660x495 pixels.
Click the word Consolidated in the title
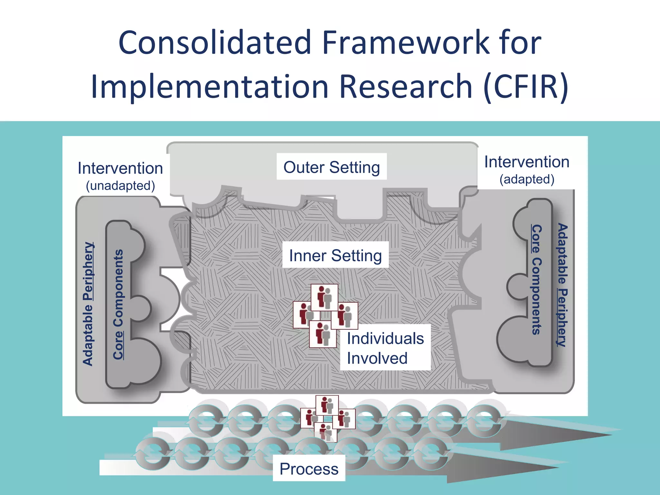215,43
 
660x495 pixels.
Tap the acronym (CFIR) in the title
526,86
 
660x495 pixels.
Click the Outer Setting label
332,167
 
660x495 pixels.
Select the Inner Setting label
335,255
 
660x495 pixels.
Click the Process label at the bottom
309,469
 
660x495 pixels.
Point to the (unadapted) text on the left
121,186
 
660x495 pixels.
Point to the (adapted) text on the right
527,179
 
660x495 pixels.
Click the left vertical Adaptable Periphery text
88,304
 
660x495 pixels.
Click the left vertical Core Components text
118,304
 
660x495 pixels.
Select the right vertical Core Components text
536,280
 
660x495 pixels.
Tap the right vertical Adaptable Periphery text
562,285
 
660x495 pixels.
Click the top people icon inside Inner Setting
325,297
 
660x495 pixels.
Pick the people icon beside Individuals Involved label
345,316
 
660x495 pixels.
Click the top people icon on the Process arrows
327,405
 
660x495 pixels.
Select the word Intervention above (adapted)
527,162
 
